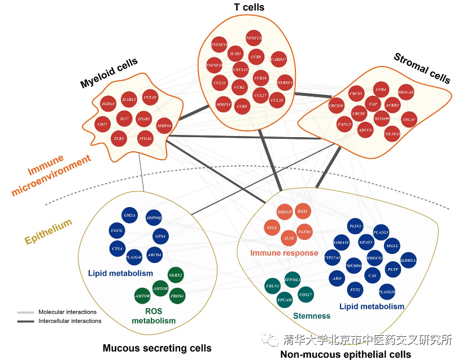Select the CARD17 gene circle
click(278, 59)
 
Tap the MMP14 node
click(224, 104)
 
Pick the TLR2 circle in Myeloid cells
click(119, 138)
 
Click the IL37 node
click(125, 119)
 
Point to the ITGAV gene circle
click(409, 120)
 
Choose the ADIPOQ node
click(154, 218)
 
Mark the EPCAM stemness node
click(285, 300)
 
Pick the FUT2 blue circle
click(355, 290)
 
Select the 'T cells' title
click(249, 7)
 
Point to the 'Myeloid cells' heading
click(109, 74)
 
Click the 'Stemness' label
click(311, 316)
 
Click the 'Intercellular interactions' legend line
click(26, 321)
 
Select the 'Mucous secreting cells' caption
click(157, 348)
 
